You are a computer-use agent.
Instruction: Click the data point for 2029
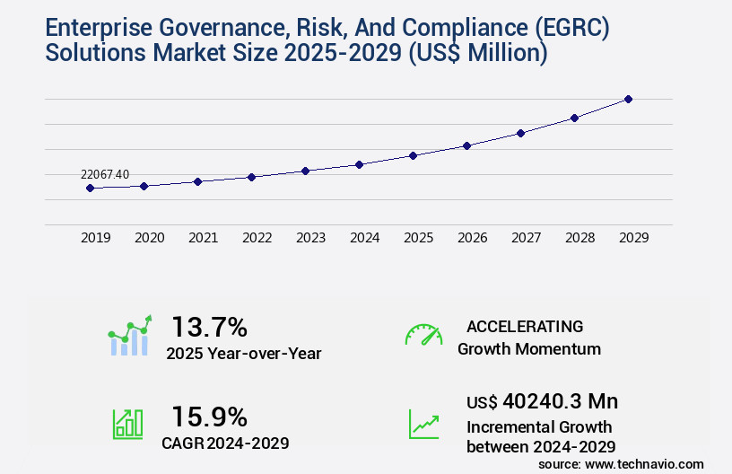(628, 99)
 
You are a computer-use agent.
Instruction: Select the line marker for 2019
(90, 188)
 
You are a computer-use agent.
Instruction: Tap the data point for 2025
(413, 155)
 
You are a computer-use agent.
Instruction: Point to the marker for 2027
(520, 133)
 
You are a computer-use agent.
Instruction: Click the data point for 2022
(251, 177)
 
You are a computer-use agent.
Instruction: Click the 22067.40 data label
(105, 174)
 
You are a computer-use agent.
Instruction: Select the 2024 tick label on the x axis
(364, 238)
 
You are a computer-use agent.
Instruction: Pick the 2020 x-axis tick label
(149, 238)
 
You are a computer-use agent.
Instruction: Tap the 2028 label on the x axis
(579, 238)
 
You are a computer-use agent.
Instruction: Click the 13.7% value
(209, 327)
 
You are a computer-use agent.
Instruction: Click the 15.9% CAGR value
(209, 417)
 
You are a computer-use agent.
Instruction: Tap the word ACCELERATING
(525, 326)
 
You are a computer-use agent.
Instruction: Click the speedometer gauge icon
(423, 335)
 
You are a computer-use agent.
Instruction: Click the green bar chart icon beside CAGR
(127, 424)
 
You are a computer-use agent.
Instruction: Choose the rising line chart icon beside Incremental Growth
(423, 424)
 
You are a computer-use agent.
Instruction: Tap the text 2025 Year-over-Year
(243, 354)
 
